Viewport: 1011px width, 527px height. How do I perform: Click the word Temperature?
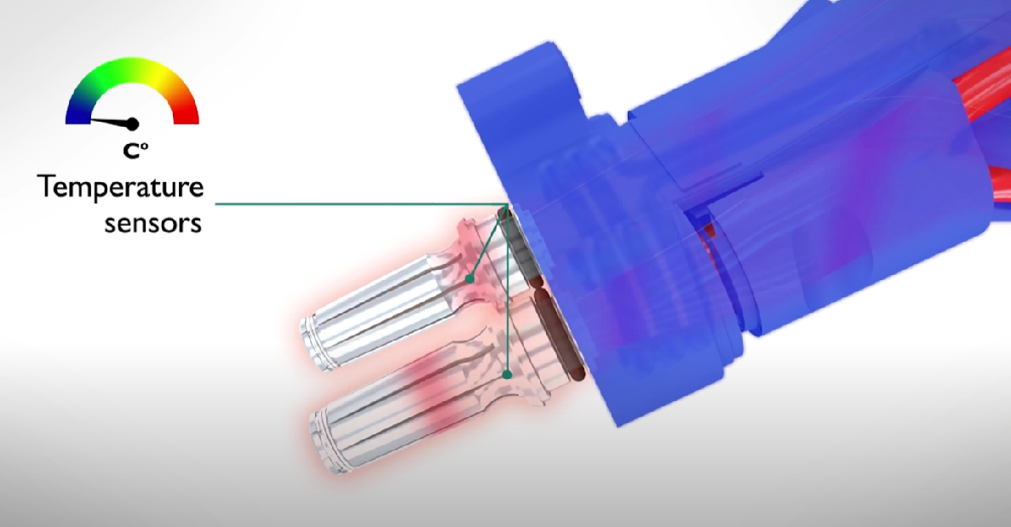coord(121,188)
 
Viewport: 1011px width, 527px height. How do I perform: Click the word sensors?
coord(152,223)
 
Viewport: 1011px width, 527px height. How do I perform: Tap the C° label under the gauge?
coord(135,151)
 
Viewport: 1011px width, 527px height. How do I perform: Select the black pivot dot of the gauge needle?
coord(133,123)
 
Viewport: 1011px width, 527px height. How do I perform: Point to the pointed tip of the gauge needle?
coord(90,118)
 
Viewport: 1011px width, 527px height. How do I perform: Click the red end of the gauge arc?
coord(187,112)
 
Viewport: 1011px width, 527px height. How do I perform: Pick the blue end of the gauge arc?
coord(77,112)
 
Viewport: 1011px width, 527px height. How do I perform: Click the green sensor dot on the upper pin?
coord(470,279)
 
